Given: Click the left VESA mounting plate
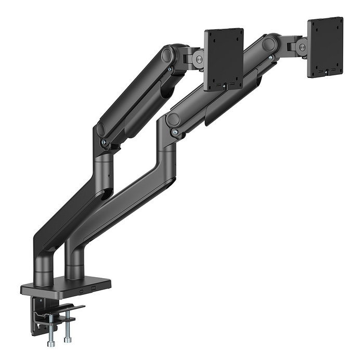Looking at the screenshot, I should click(x=224, y=59).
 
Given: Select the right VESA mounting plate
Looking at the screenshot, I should click(x=325, y=47).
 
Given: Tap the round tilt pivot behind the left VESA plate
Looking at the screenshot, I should click(x=199, y=59).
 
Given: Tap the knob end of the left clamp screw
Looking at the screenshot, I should click(x=51, y=343).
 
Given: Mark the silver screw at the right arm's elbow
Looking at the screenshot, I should click(x=175, y=132).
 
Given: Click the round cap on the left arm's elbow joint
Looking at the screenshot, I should click(x=100, y=128).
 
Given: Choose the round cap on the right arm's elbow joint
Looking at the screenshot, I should click(x=172, y=119).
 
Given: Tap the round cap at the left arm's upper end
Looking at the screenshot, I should click(x=167, y=55).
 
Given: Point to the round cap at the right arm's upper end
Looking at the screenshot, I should click(x=269, y=43).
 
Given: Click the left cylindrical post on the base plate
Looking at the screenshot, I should click(x=44, y=267).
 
